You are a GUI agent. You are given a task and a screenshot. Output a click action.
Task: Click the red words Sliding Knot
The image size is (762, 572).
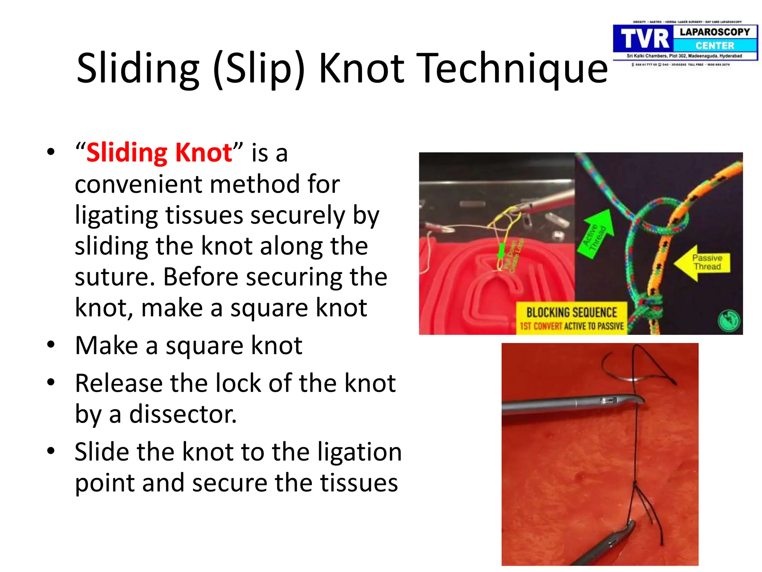(159, 153)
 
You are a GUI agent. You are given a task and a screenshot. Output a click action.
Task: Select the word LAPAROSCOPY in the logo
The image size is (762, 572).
(715, 32)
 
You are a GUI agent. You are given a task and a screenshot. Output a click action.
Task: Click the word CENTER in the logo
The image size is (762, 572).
(715, 46)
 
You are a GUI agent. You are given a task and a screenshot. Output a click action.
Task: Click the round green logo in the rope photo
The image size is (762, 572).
(729, 320)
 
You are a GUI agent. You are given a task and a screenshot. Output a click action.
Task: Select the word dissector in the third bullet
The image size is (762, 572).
(182, 414)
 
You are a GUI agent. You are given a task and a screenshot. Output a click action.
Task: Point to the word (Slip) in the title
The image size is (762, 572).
(259, 68)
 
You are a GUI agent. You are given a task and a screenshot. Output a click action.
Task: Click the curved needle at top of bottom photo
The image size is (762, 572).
(618, 369)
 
